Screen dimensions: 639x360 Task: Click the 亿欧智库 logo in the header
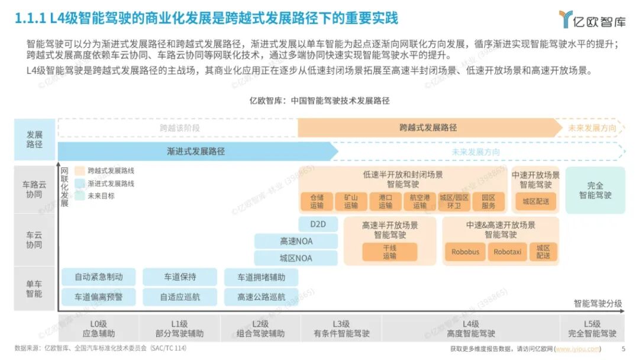tap(592, 19)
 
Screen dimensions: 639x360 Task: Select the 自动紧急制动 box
tap(98, 277)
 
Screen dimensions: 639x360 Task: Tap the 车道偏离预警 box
tap(98, 297)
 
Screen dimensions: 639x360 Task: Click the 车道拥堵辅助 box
tap(261, 277)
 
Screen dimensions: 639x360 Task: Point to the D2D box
tap(324, 224)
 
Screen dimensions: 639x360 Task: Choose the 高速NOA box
tap(296, 241)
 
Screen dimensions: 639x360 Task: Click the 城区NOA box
tap(296, 258)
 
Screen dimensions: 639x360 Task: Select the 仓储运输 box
tap(317, 201)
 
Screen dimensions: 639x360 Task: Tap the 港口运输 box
tap(385, 201)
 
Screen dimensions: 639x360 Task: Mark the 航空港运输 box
tap(419, 201)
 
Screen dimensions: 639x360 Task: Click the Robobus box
tap(465, 252)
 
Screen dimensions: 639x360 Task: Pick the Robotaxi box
tap(507, 252)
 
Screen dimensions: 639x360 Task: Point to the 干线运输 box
tap(389, 252)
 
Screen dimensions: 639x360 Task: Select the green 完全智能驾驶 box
tap(595, 190)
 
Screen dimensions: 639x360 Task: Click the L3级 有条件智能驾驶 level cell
tap(341, 329)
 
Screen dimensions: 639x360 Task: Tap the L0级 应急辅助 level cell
tap(98, 329)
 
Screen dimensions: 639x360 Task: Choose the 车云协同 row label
tap(34, 240)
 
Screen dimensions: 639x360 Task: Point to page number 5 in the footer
tap(623, 349)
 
